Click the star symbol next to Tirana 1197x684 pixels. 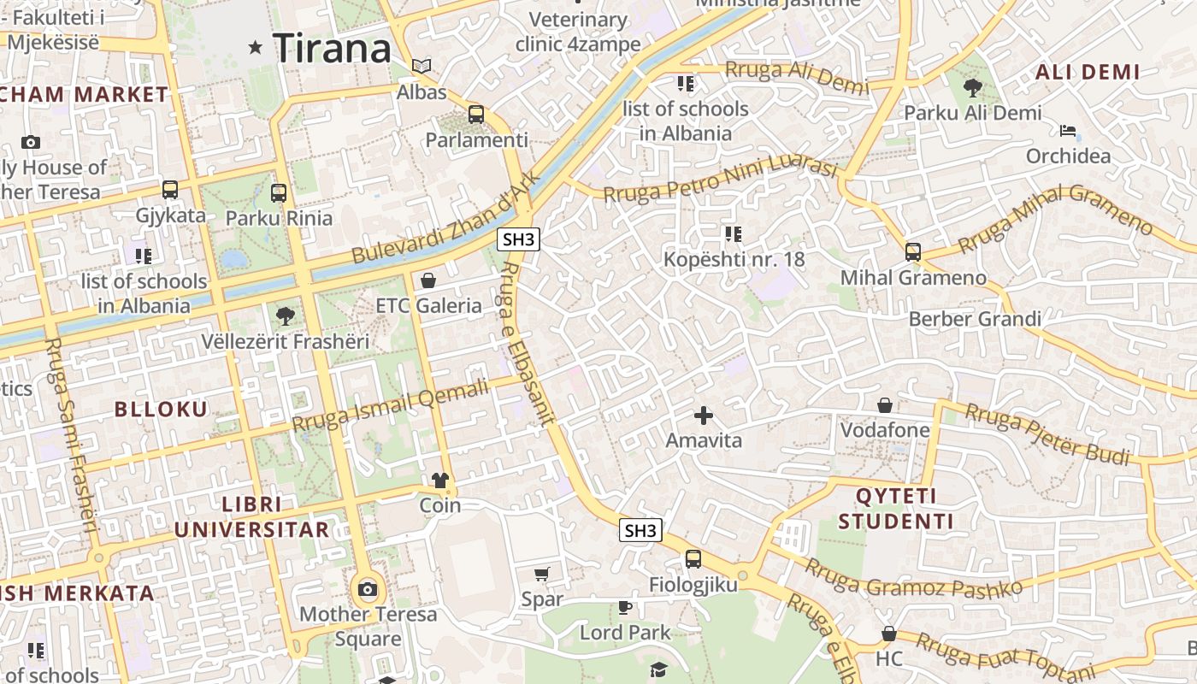click(x=255, y=48)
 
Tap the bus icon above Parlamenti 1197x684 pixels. click(x=476, y=114)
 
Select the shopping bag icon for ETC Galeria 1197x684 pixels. click(x=428, y=280)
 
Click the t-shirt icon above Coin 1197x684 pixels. click(x=440, y=481)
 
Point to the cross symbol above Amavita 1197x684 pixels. click(x=704, y=416)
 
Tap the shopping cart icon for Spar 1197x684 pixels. click(x=541, y=574)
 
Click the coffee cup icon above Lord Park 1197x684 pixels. click(x=625, y=607)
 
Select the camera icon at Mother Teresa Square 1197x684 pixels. click(x=368, y=589)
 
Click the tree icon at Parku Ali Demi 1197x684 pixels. click(x=972, y=87)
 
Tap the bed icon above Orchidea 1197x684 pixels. click(x=1068, y=131)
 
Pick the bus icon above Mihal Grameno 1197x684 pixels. click(x=912, y=252)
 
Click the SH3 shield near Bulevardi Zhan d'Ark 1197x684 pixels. click(x=519, y=239)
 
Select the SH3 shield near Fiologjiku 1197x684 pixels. click(x=640, y=530)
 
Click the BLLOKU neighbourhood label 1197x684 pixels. click(x=161, y=410)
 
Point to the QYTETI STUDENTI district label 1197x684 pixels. click(x=896, y=509)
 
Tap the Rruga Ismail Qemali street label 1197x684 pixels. click(x=390, y=405)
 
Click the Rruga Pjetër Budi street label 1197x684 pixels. click(x=1047, y=434)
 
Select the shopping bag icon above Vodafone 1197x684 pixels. click(x=885, y=404)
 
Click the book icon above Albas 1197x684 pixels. click(x=422, y=66)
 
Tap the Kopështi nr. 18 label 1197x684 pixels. click(x=734, y=258)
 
